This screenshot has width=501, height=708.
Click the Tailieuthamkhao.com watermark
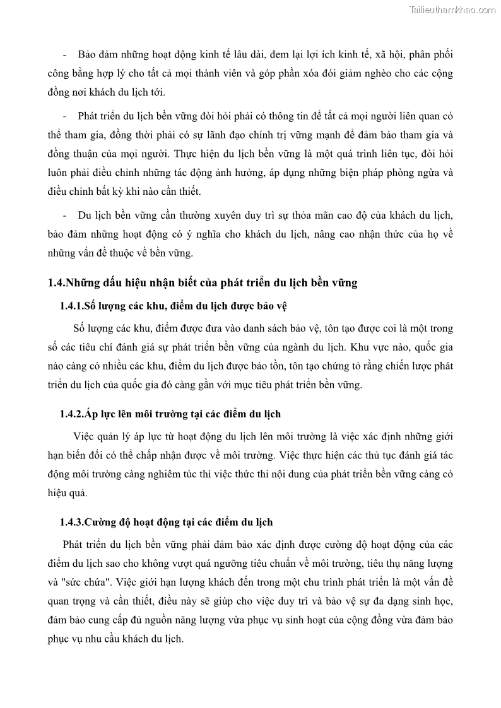(x=452, y=9)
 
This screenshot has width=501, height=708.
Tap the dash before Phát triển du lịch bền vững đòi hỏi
(x=65, y=117)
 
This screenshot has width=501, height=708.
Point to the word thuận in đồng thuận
(x=86, y=154)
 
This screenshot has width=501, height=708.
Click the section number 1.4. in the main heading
(x=56, y=283)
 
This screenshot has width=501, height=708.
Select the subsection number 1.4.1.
(x=71, y=306)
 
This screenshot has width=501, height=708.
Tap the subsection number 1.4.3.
(x=71, y=523)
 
